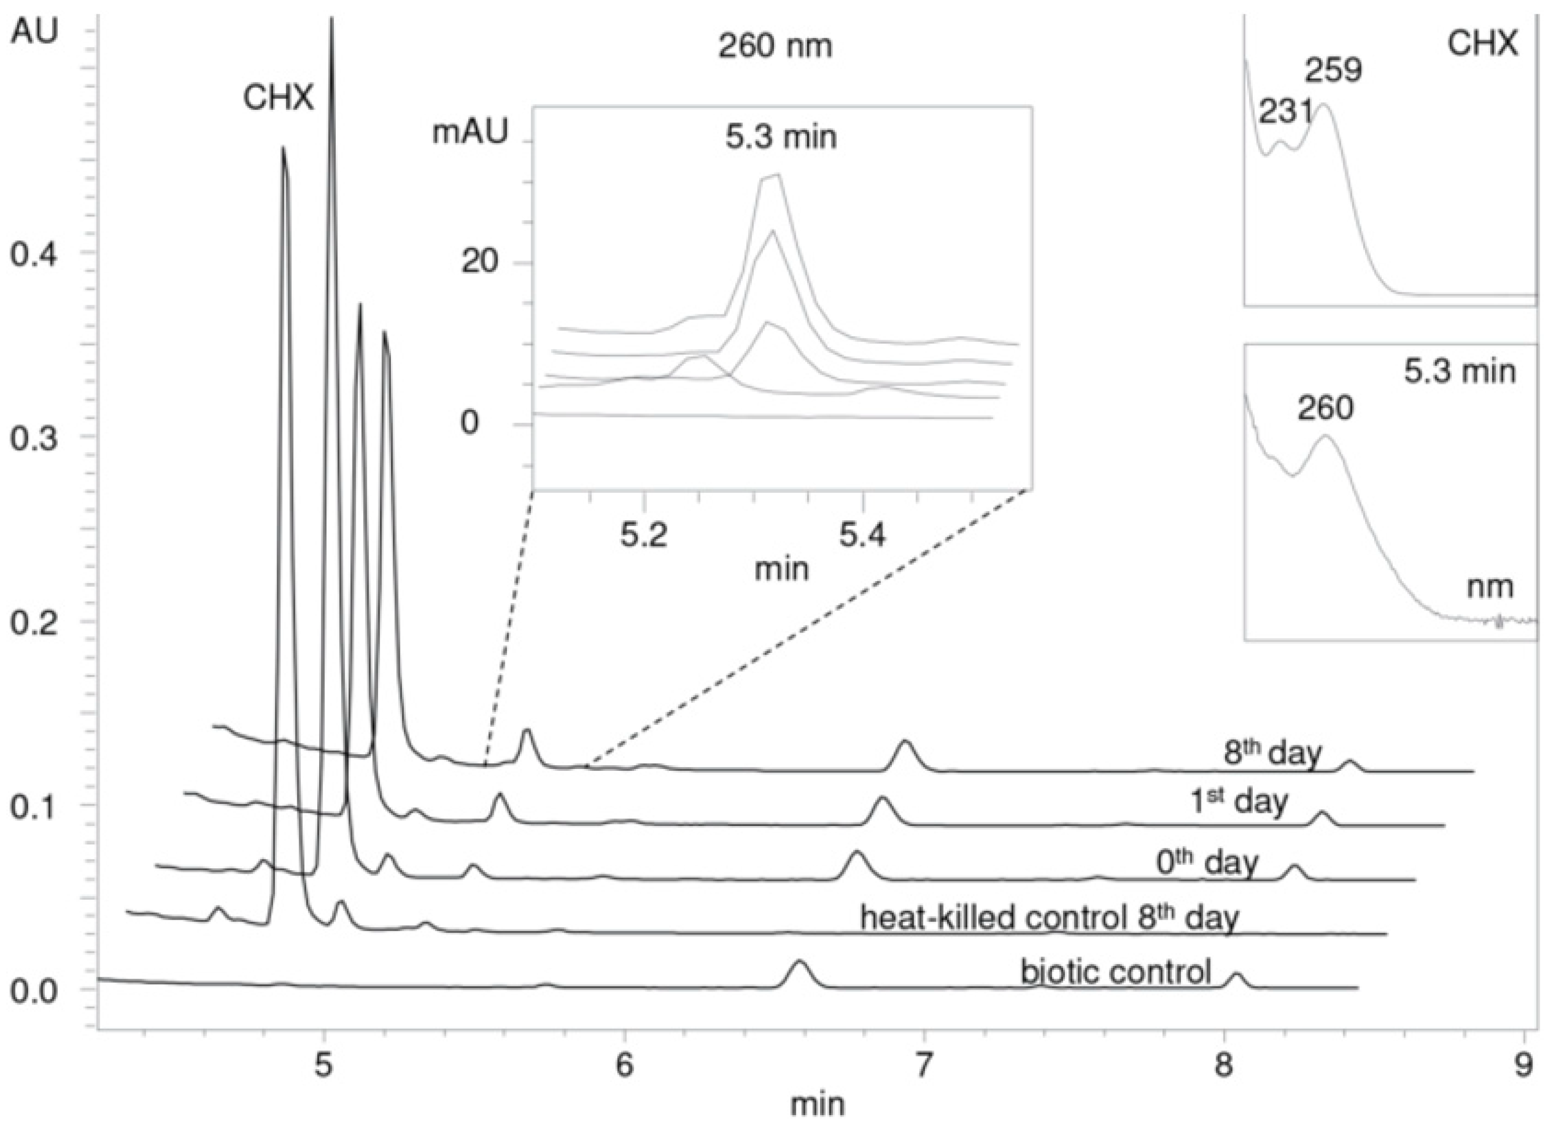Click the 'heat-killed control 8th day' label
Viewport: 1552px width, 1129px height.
pyautogui.click(x=1049, y=917)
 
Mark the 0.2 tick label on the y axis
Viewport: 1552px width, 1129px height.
pyautogui.click(x=32, y=623)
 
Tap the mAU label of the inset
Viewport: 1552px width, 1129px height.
pyautogui.click(x=469, y=132)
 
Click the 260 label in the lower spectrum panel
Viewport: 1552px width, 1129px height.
pyautogui.click(x=1325, y=409)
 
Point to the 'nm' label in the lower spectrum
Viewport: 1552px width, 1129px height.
pyautogui.click(x=1491, y=587)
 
